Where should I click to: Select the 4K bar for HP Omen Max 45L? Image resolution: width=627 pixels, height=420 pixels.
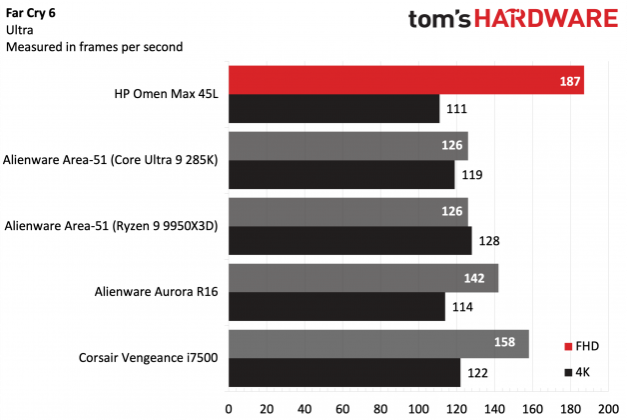[x=334, y=108]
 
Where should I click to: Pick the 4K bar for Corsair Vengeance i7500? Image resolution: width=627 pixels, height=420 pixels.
[x=344, y=373]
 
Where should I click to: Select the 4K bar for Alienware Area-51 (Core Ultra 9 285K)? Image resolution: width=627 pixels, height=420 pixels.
[x=341, y=174]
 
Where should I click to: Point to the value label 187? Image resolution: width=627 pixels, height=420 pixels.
[x=569, y=80]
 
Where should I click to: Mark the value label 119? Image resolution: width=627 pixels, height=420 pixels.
[x=471, y=175]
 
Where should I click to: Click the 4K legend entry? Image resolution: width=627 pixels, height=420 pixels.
[x=578, y=372]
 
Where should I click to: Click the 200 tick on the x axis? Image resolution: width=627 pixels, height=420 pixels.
[x=606, y=407]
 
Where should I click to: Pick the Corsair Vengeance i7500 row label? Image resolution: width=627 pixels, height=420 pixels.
[x=149, y=358]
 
